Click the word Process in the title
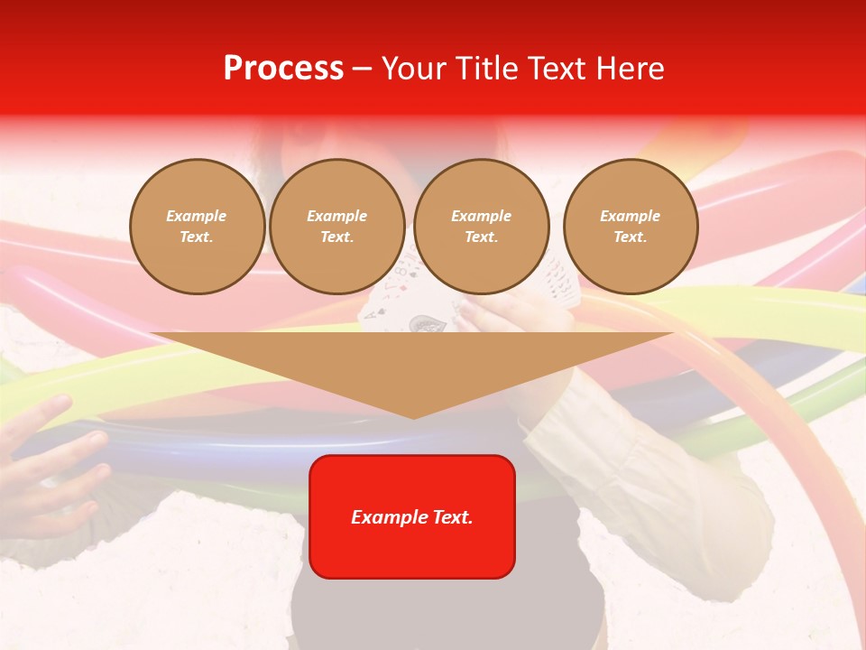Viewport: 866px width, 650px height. (283, 69)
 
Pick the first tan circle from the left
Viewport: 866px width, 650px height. (197, 227)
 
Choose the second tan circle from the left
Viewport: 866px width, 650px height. (337, 227)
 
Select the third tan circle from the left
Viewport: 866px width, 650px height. (481, 227)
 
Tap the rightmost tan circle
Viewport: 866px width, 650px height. (631, 227)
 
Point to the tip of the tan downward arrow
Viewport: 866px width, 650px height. (413, 417)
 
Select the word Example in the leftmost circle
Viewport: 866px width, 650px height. (197, 216)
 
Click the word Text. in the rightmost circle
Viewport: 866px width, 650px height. (631, 237)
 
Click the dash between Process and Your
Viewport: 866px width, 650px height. (363, 69)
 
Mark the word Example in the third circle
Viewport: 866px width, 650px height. (481, 216)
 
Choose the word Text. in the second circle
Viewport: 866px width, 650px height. (337, 237)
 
